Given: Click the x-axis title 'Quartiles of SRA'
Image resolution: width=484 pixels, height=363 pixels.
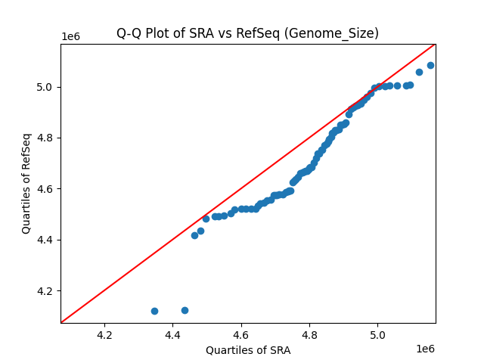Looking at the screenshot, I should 248,350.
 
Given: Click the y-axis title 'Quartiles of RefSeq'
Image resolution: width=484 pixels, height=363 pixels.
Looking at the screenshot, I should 26,183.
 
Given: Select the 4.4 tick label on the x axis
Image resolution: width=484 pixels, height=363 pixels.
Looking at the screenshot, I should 172,334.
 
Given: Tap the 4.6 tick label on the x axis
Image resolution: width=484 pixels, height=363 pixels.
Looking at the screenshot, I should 240,334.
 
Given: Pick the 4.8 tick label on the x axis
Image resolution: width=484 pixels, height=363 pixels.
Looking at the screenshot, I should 309,334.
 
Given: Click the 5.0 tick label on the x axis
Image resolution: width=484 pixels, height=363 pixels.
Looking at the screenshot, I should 377,334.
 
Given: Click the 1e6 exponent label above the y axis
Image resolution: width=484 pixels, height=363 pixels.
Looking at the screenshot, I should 70,37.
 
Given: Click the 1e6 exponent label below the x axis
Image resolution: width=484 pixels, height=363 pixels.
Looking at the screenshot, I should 425,349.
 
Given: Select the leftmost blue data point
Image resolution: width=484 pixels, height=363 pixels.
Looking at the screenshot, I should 154,311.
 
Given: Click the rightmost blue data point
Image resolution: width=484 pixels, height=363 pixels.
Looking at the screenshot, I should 430,65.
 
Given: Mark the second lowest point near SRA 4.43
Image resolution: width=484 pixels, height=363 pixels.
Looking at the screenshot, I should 185,310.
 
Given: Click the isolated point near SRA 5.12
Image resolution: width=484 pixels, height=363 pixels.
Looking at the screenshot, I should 419,72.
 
